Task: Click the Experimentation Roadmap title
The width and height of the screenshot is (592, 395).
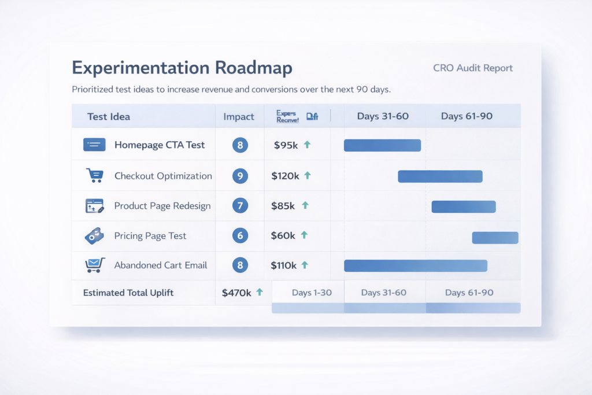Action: point(182,68)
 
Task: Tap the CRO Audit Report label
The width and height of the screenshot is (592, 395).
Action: point(472,68)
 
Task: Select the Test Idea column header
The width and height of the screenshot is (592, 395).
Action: point(109,116)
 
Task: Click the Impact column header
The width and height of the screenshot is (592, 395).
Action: point(239,116)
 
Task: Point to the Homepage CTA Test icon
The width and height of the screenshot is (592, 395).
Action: point(94,145)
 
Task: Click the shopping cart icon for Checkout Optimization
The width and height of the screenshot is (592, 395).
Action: point(94,176)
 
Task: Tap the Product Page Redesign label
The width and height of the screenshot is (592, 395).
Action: point(162,206)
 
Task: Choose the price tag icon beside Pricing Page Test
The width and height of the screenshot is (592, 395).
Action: point(94,235)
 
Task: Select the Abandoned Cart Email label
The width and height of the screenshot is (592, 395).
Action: point(161,265)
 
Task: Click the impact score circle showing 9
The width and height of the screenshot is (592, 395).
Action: point(240,176)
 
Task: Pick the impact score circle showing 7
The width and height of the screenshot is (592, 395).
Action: point(240,206)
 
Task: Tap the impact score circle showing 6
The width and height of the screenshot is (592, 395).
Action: point(240,235)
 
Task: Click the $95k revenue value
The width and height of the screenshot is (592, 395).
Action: point(286,145)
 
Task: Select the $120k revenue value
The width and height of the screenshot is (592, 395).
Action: point(285,176)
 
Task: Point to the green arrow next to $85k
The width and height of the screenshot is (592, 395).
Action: point(305,205)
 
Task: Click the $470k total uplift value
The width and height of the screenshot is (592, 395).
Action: point(236,293)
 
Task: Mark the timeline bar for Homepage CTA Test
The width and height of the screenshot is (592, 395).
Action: point(382,145)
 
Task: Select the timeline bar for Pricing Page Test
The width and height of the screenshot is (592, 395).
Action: point(495,238)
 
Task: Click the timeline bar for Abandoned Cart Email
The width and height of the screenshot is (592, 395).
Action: point(415,265)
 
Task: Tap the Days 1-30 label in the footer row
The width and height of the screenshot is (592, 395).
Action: point(312,293)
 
